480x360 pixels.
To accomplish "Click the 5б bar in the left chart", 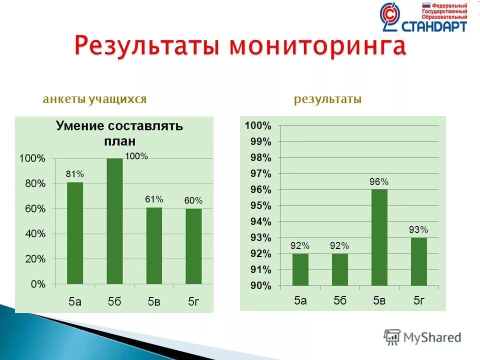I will tap(114, 221).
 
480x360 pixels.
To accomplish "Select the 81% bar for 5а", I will tap(75, 233).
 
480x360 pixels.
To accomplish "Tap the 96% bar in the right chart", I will tap(379, 237).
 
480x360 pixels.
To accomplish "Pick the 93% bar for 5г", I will tap(419, 261).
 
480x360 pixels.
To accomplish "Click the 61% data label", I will tap(154, 199).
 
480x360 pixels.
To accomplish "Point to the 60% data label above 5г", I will tap(193, 200).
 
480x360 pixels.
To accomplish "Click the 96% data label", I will tap(379, 182).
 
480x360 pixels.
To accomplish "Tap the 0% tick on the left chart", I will tap(37, 284).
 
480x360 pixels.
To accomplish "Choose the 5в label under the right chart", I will tap(379, 300).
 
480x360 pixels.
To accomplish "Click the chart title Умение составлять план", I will tap(119, 133).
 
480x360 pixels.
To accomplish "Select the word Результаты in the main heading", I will tap(147, 46).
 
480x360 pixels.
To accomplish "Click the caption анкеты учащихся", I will tap(94, 99).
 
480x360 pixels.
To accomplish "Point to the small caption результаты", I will tap(327, 99).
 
